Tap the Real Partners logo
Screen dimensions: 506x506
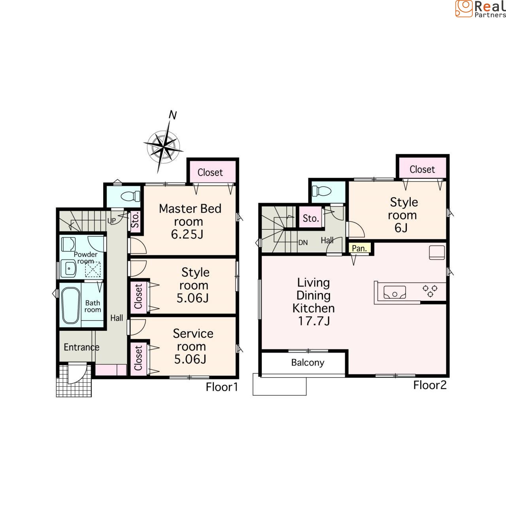click(481, 9)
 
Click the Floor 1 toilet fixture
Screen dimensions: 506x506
click(130, 196)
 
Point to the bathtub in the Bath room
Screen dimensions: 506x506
click(70, 305)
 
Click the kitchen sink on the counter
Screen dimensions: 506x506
click(395, 292)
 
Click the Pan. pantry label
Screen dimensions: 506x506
click(359, 248)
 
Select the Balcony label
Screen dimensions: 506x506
click(308, 363)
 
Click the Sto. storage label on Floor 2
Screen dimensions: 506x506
click(311, 218)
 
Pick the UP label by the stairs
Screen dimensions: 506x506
click(111, 221)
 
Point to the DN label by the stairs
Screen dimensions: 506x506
click(303, 243)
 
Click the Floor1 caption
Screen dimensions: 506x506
click(222, 387)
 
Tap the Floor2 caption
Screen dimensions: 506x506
click(430, 385)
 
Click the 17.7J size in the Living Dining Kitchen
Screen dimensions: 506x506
click(314, 321)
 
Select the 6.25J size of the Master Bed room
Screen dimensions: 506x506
click(187, 234)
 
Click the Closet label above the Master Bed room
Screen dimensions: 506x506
click(210, 172)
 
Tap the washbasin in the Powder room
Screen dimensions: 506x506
click(68, 268)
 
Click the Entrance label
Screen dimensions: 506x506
click(82, 347)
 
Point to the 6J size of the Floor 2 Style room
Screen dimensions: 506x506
click(401, 228)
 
